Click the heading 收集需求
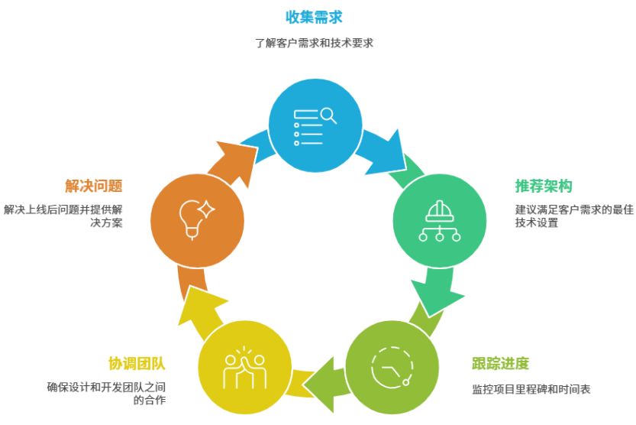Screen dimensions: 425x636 click(x=314, y=16)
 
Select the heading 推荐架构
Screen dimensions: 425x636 click(x=544, y=186)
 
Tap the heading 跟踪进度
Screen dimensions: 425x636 click(x=500, y=363)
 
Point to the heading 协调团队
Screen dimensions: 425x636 click(x=137, y=363)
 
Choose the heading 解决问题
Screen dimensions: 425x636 click(x=94, y=186)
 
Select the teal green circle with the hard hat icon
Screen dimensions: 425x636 click(x=439, y=221)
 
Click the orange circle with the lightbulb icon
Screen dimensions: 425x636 click(x=197, y=221)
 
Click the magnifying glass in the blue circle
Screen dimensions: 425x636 click(x=328, y=115)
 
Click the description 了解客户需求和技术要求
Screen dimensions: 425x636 click(x=314, y=43)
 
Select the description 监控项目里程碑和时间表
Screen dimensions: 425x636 click(x=531, y=389)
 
